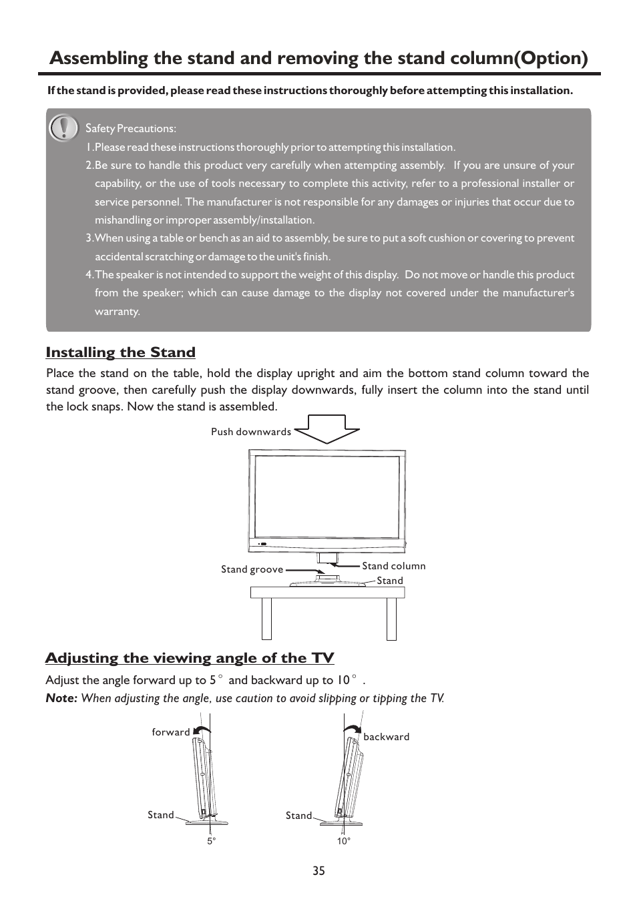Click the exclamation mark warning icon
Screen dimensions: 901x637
click(64, 127)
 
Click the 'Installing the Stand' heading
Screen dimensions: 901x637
click(120, 352)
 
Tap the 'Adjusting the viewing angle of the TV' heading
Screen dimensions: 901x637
click(190, 658)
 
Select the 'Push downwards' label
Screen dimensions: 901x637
click(251, 432)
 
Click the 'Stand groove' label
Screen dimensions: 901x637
click(252, 570)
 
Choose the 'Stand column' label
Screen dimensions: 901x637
click(393, 566)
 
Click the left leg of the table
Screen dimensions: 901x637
click(266, 619)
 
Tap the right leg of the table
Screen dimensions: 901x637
click(391, 619)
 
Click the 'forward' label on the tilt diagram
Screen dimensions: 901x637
click(171, 732)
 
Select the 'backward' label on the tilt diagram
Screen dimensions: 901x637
click(386, 737)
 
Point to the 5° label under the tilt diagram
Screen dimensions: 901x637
click(211, 842)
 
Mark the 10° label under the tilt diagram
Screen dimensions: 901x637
click(343, 842)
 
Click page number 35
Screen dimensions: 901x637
click(318, 871)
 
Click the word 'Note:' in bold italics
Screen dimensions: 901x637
click(61, 698)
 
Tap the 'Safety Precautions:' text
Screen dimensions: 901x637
click(131, 128)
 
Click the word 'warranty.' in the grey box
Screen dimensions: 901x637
click(118, 312)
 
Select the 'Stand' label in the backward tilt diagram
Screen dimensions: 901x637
click(298, 816)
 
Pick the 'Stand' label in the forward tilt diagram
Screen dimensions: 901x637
click(160, 815)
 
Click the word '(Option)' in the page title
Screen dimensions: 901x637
click(545, 58)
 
